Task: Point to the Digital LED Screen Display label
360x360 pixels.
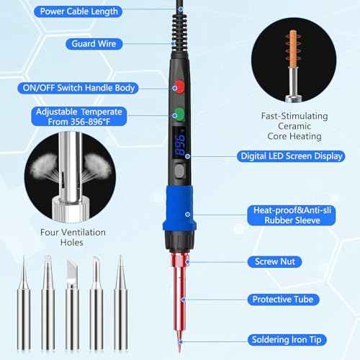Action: coord(286,155)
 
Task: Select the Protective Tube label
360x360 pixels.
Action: coord(285,299)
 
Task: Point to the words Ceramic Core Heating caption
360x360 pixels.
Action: coord(294,125)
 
